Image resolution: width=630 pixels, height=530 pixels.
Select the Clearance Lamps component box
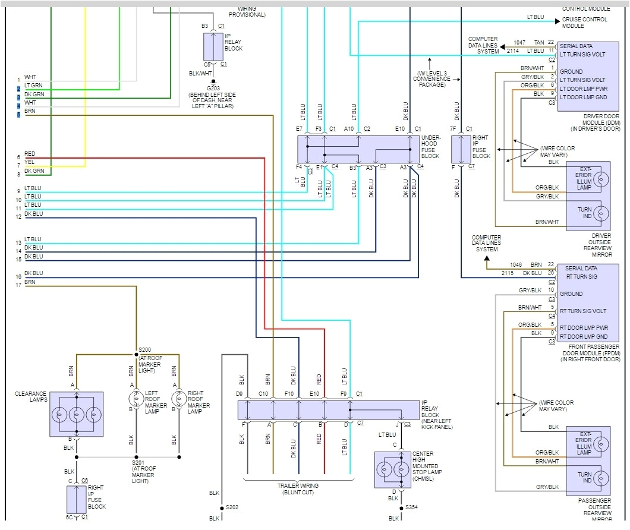tap(77, 414)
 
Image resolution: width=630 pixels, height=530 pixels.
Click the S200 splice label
tap(145, 350)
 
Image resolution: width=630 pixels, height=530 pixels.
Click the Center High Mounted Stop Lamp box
tap(392, 469)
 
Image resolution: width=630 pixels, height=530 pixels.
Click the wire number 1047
tap(504, 43)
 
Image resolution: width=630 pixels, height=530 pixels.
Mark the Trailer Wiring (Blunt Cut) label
tap(298, 488)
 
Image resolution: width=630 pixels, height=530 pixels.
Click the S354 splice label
tap(412, 508)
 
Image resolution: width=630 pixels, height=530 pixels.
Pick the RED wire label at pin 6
tap(30, 154)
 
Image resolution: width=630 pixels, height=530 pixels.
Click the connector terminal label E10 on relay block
tap(314, 393)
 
